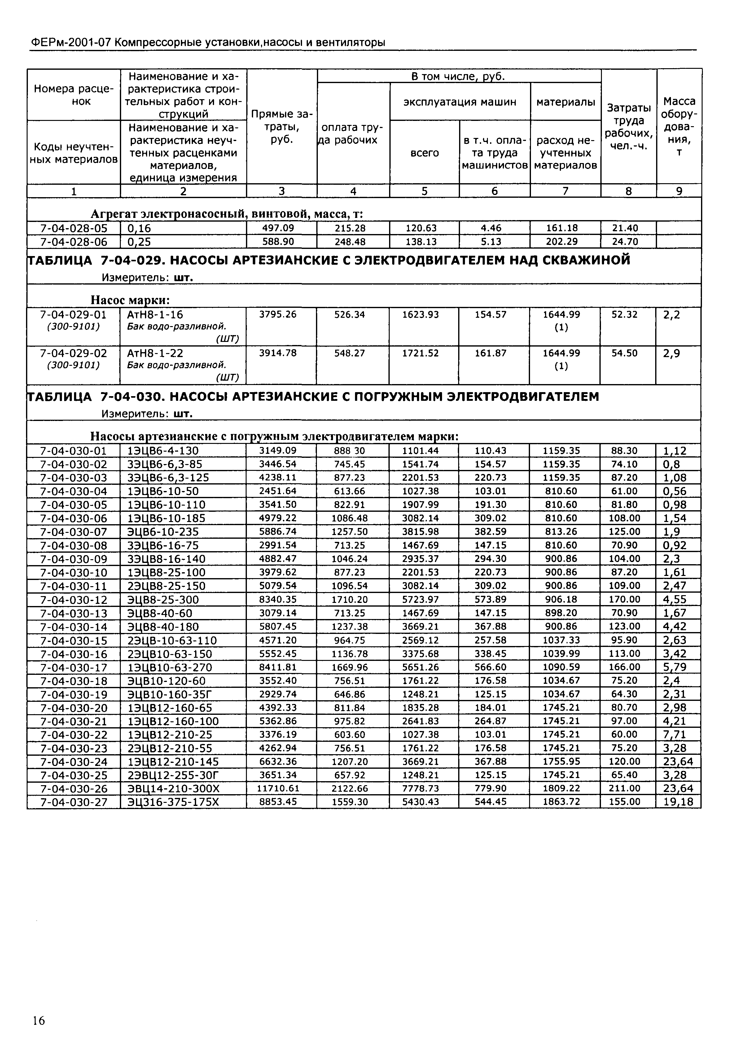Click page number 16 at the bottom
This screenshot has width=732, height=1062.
[38, 1020]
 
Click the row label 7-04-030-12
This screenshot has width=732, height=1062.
[73, 600]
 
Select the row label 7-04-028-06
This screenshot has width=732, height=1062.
[73, 242]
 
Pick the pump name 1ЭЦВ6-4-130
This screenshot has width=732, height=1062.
[163, 451]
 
